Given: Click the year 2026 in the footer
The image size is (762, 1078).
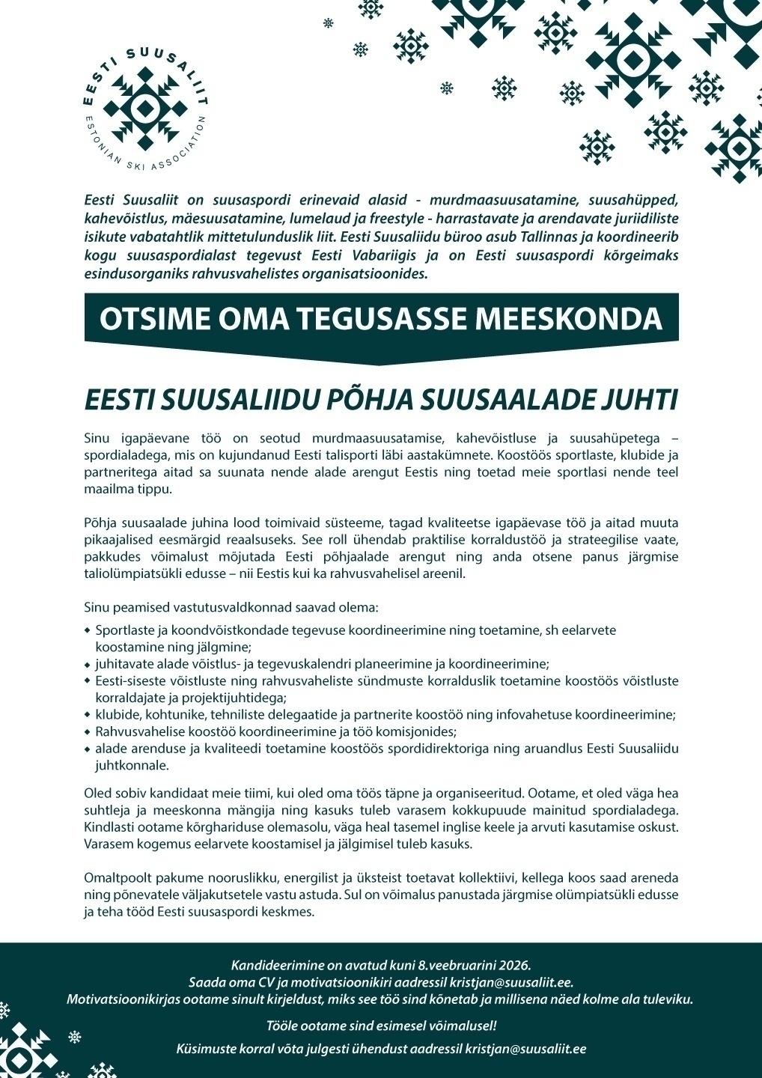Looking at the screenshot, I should pos(514,965).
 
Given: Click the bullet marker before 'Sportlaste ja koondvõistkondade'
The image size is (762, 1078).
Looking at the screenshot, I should pos(88,630).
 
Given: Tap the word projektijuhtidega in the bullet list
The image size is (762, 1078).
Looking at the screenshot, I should pos(240,698).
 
